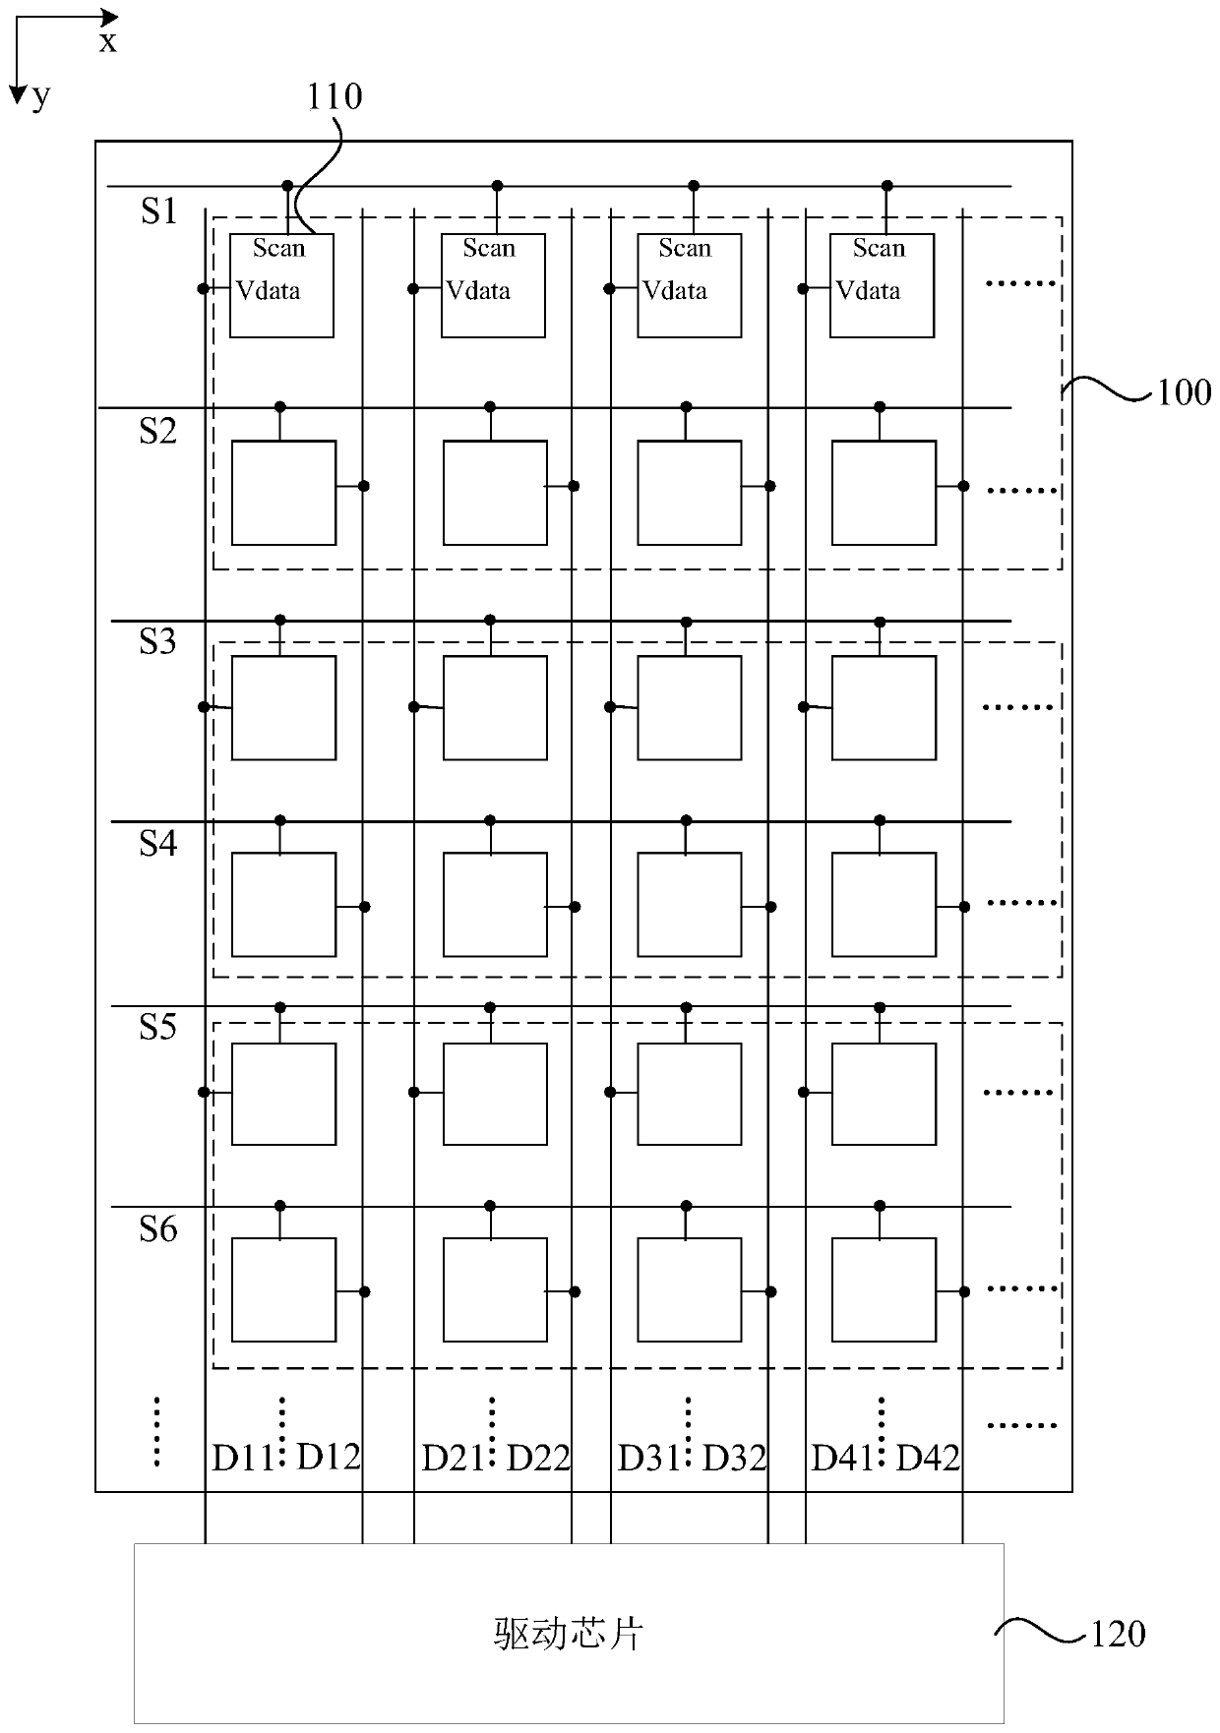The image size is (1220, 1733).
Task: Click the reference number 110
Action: [x=335, y=97]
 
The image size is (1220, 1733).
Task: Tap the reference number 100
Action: [x=1184, y=393]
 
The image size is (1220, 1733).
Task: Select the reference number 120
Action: [x=1118, y=1634]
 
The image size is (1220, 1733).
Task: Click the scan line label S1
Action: [x=158, y=211]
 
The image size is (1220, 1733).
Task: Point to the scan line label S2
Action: [x=157, y=431]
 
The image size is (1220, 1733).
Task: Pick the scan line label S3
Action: [x=157, y=641]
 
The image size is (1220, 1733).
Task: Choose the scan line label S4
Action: [x=157, y=843]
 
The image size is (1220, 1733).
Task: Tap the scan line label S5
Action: [x=157, y=1027]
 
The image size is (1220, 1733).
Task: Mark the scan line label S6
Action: [x=157, y=1228]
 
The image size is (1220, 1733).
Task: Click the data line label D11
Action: [x=242, y=1458]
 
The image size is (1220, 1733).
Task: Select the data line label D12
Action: [x=329, y=1457]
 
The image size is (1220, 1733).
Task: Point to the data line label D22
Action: [x=538, y=1458]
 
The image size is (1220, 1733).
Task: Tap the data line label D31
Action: [x=647, y=1458]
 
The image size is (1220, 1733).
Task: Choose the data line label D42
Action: [x=928, y=1458]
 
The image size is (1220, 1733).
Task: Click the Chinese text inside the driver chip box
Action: [x=568, y=1634]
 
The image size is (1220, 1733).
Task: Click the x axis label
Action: [x=107, y=42]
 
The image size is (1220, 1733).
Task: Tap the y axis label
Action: [x=40, y=95]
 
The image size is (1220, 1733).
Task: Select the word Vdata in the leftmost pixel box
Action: [x=268, y=291]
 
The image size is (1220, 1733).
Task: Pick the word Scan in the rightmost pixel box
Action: [x=879, y=248]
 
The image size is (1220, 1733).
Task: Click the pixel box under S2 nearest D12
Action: [x=283, y=493]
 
